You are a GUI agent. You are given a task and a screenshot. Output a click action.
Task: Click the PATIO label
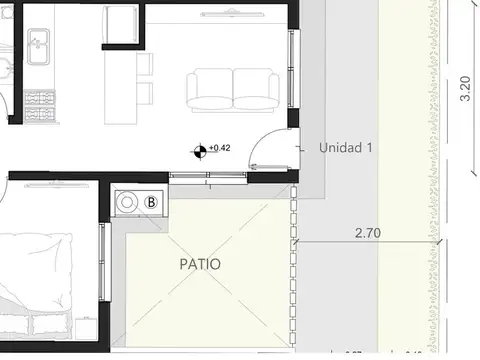pos(200,265)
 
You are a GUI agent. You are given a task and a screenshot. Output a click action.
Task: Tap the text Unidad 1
pos(346,147)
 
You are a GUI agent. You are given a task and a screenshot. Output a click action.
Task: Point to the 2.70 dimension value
pos(369,232)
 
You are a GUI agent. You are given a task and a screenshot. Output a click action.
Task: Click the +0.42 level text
pos(220,148)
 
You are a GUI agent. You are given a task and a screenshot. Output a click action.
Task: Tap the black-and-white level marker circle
pos(201,151)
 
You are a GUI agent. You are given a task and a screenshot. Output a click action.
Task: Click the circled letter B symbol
pos(152,201)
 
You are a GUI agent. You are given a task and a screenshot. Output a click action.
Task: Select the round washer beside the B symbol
pos(128,202)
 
